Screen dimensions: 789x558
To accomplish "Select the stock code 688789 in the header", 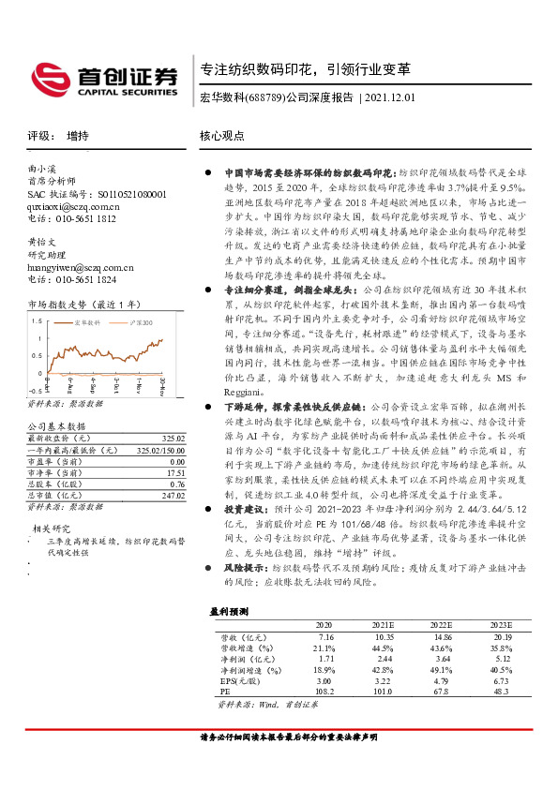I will pos(265,97).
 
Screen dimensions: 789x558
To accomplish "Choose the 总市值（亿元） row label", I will pos(55,484).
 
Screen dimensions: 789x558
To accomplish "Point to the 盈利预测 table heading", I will pos(230,610).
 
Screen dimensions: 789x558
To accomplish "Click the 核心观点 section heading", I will pos(222,135).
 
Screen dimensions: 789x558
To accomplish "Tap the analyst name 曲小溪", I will pos(42,170).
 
